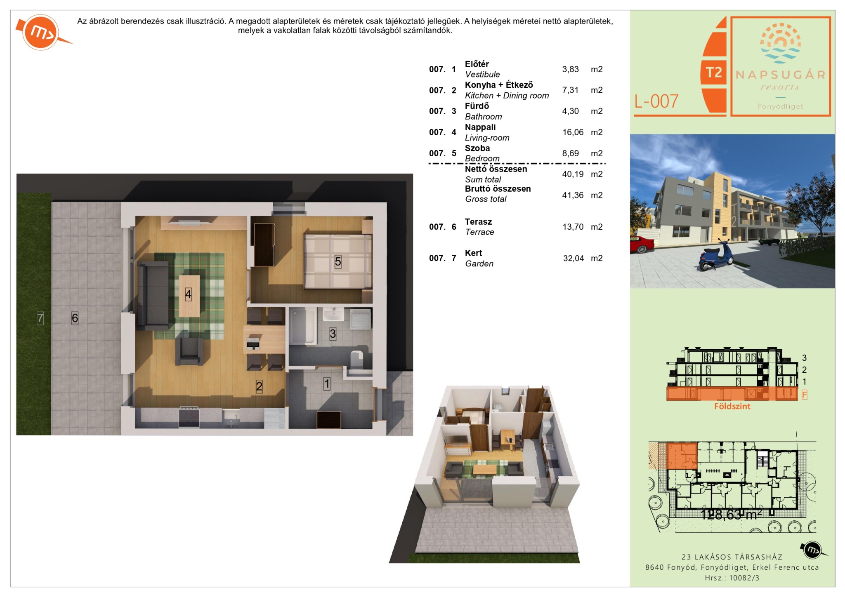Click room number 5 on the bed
(x=338, y=262)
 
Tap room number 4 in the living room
(x=188, y=294)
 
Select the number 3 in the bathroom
(x=333, y=334)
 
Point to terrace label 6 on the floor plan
(x=75, y=318)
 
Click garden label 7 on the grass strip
(x=40, y=318)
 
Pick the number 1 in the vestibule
(x=327, y=384)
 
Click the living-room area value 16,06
(x=573, y=132)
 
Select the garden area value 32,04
(x=574, y=259)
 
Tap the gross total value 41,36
(x=573, y=195)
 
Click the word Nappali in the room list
(x=480, y=127)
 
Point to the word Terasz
(x=478, y=222)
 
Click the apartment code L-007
(x=656, y=101)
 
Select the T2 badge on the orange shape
(x=713, y=73)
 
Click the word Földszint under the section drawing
(x=732, y=406)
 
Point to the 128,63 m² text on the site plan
(x=731, y=514)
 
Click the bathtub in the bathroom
(x=302, y=327)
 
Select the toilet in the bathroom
(x=356, y=358)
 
